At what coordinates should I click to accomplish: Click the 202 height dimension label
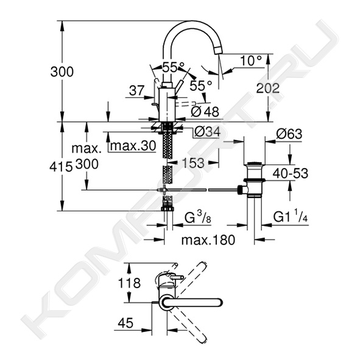tap(267, 88)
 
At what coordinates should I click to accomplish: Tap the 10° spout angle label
tap(251, 61)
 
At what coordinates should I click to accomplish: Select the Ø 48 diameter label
tap(205, 112)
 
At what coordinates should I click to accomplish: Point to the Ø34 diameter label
tap(207, 132)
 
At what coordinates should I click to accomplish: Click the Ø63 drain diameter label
tap(289, 133)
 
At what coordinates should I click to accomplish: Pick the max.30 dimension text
tap(133, 146)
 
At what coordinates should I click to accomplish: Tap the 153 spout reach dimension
tap(193, 163)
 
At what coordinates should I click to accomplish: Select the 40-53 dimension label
tap(290, 174)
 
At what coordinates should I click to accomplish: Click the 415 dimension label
tap(61, 166)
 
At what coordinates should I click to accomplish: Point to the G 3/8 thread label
tap(198, 217)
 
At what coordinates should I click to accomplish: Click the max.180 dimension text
tap(208, 240)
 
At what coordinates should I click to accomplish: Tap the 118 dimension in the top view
tap(129, 283)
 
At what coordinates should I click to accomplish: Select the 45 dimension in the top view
tap(125, 323)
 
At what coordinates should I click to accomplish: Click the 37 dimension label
tap(136, 91)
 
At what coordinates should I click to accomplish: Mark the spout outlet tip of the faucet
tap(218, 51)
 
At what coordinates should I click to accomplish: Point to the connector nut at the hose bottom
tap(168, 208)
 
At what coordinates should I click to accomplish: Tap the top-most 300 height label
tap(62, 72)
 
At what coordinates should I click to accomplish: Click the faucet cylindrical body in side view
tap(168, 104)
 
